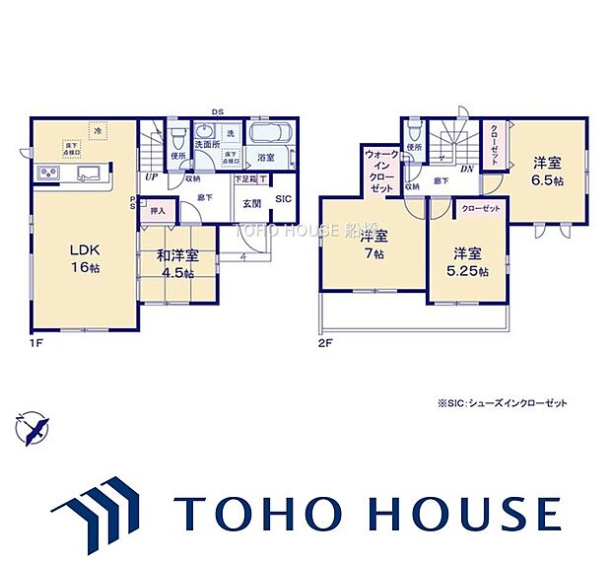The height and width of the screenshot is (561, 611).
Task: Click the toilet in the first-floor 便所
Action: pyautogui.click(x=178, y=134)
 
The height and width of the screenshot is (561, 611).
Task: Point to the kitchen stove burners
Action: pyautogui.click(x=48, y=175)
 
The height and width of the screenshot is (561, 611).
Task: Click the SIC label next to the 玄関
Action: pyautogui.click(x=283, y=198)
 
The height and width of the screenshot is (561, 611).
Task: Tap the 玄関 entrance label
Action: pyautogui.click(x=250, y=203)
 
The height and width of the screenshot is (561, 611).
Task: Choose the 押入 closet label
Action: pyautogui.click(x=158, y=210)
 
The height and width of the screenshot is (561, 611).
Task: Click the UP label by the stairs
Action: pyautogui.click(x=152, y=177)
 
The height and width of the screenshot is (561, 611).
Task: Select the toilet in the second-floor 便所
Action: pyautogui.click(x=413, y=133)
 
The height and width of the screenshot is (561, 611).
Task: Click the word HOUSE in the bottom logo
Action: pyautogui.click(x=458, y=514)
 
